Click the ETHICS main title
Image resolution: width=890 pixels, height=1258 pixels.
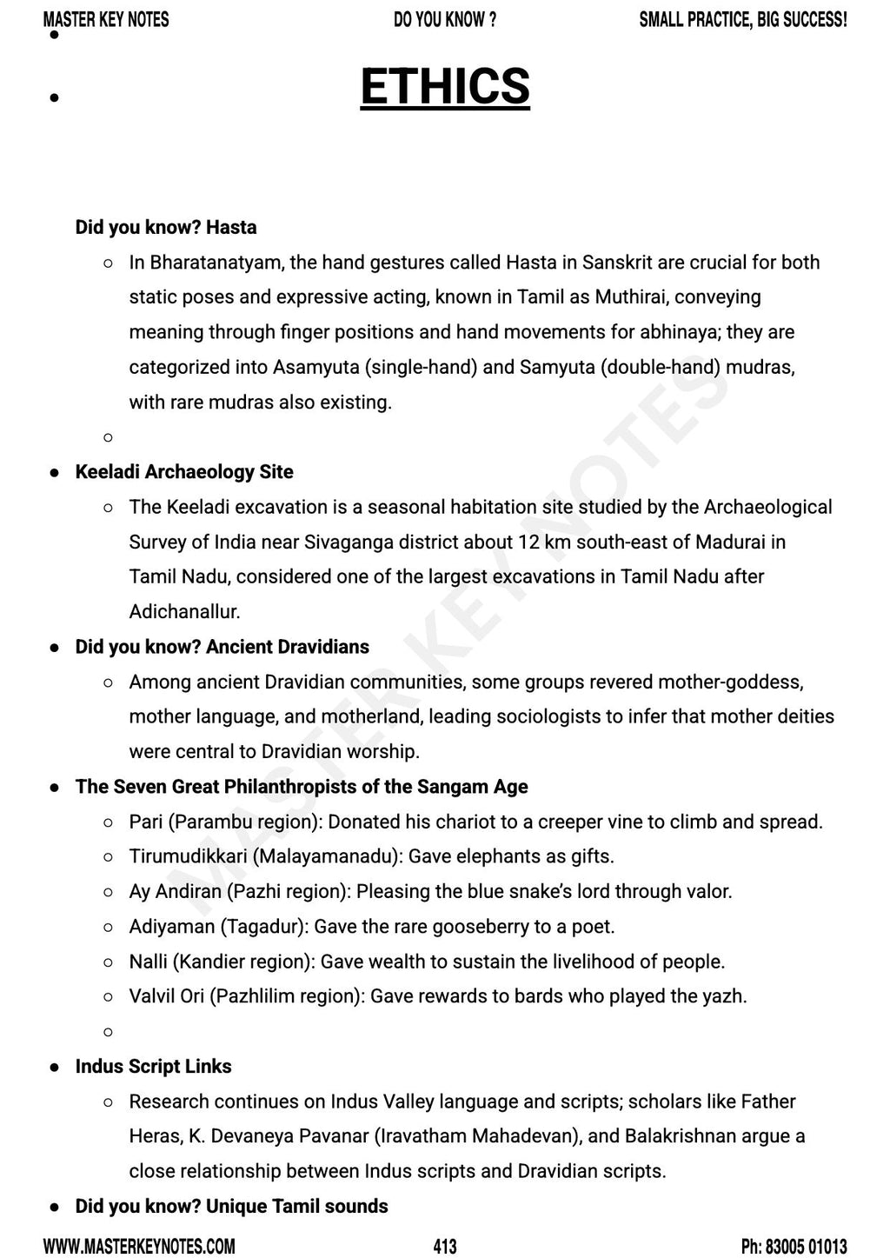coord(445,87)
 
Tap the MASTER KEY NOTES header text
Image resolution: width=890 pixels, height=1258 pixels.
coord(106,19)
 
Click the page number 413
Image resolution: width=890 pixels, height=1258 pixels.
coord(444,1247)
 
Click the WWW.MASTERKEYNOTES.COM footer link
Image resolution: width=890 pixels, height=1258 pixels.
coord(139,1247)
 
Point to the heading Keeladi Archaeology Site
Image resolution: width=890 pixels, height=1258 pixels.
coord(184,472)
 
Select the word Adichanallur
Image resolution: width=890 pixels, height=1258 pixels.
coord(184,612)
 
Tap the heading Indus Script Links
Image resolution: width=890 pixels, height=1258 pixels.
coord(153,1067)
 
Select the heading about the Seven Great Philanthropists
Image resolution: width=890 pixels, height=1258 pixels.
coord(302,787)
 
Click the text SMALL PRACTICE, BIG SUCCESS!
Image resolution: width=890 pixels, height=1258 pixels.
coord(742,19)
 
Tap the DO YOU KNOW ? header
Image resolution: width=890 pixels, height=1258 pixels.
coord(445,19)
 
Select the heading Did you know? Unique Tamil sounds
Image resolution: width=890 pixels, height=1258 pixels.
coord(231,1207)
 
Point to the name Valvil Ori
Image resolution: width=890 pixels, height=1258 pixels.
coord(166,996)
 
